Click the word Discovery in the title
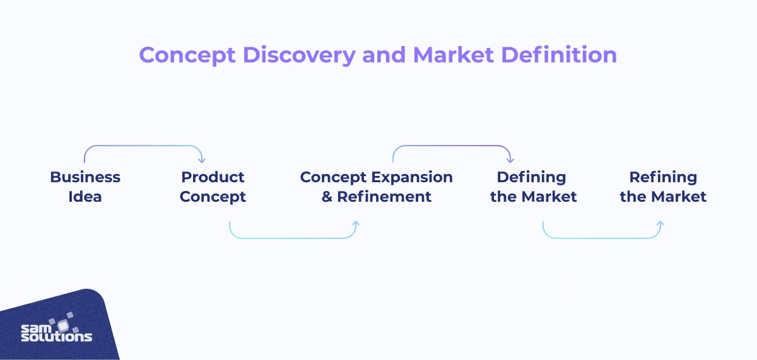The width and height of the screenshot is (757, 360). tap(299, 55)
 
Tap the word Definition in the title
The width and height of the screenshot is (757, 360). tap(559, 55)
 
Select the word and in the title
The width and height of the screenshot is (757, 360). tap(384, 55)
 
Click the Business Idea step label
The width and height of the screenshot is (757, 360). tap(85, 187)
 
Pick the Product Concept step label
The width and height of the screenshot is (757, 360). tap(213, 187)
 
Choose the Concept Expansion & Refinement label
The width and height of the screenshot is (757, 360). tap(377, 187)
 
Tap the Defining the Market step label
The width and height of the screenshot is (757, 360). tap(533, 187)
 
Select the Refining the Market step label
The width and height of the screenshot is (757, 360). tap(663, 187)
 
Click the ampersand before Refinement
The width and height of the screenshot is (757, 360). tap(327, 197)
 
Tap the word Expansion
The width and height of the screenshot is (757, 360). tap(413, 178)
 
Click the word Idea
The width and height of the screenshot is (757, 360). tap(85, 197)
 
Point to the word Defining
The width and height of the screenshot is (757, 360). tap(531, 178)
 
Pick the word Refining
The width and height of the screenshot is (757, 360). tap(663, 178)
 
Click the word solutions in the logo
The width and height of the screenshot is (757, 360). tap(56, 337)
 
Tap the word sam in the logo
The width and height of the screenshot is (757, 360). tap(36, 328)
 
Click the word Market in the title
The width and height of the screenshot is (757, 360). tap(453, 55)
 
